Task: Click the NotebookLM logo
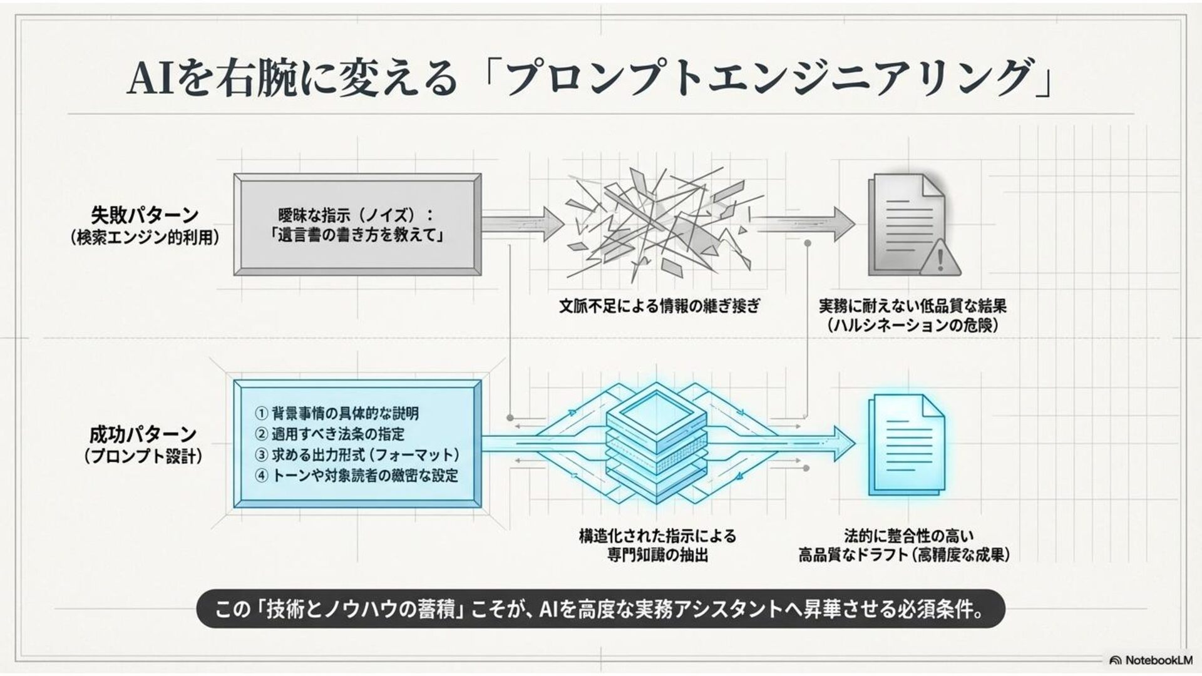1151,660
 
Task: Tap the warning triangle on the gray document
940,258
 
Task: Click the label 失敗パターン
145,215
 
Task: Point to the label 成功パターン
143,434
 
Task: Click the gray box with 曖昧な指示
357,225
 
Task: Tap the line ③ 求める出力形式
357,454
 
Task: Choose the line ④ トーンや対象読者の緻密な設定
356,476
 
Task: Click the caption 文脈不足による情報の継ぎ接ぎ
659,306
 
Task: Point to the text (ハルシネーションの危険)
912,325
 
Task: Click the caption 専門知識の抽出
657,555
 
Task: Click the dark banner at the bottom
600,608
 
